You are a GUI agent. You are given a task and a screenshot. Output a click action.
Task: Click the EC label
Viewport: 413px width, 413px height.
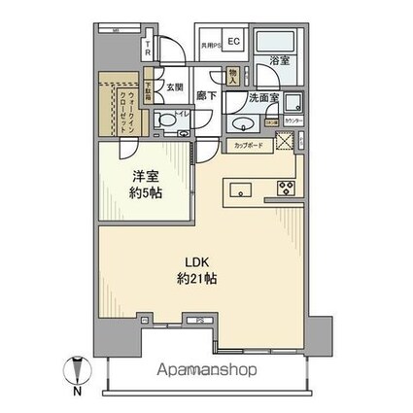pos(234,41)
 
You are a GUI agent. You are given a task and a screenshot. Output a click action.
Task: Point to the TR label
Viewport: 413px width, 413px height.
pos(147,48)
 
